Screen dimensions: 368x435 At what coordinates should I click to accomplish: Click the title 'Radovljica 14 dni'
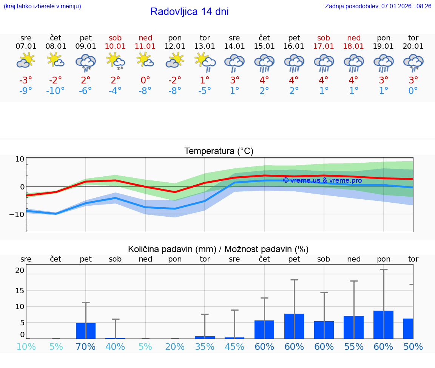(x=189, y=12)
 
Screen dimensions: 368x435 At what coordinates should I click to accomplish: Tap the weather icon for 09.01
(x=86, y=62)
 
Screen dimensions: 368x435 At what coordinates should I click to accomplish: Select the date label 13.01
(x=205, y=46)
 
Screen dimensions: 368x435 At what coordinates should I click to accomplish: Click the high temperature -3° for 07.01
(x=26, y=80)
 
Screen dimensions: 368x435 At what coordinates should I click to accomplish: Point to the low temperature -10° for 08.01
(x=56, y=91)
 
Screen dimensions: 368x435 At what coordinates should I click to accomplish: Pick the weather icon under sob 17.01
(x=324, y=62)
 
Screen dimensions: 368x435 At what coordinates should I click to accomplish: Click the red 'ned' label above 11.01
(x=145, y=38)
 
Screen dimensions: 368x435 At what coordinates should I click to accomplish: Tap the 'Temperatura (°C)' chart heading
(x=219, y=151)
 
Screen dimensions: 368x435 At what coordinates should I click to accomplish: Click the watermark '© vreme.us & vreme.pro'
(x=322, y=180)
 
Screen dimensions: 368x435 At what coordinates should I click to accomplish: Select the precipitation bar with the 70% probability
(x=86, y=331)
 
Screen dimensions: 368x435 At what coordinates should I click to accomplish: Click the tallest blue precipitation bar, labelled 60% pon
(x=383, y=325)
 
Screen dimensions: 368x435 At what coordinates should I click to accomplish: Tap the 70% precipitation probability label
(x=86, y=347)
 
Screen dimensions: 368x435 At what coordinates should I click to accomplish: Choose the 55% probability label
(x=354, y=347)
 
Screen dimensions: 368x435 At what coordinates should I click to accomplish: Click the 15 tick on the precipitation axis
(x=20, y=290)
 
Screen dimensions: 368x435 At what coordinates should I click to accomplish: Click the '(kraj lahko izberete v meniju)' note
(x=42, y=6)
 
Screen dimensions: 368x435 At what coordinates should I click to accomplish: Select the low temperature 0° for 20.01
(x=413, y=91)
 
